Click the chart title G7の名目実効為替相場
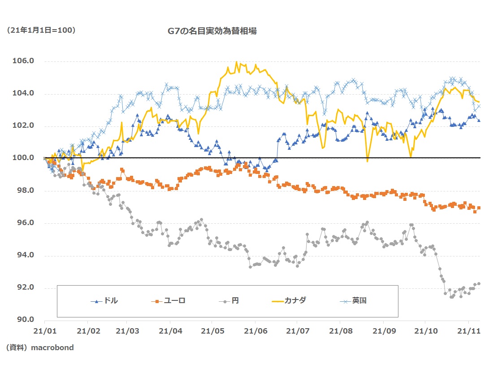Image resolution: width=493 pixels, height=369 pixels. tap(212, 31)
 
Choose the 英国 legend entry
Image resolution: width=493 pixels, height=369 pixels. tap(359, 301)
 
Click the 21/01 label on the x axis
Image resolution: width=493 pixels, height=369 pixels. tap(45, 330)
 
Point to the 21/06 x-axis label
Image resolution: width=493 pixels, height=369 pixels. tap(255, 330)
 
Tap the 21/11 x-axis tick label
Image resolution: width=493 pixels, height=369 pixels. tap(468, 330)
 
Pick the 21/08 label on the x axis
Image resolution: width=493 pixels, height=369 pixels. tap(339, 330)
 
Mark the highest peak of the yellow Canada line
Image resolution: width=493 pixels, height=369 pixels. tap(236, 62)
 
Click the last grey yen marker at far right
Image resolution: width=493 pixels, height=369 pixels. tap(479, 283)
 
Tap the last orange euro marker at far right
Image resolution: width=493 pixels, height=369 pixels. tap(479, 208)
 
